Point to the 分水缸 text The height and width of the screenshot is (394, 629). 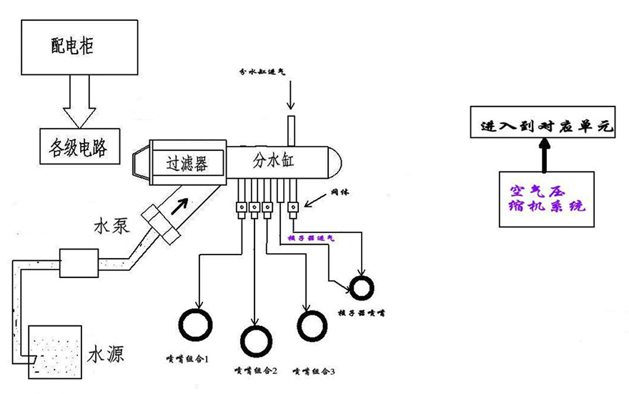point(273,161)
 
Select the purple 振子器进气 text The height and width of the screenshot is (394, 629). point(310,238)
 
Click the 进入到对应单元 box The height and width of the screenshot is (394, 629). point(541,126)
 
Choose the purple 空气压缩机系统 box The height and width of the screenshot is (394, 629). point(547,199)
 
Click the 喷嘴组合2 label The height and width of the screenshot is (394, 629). point(256,370)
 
